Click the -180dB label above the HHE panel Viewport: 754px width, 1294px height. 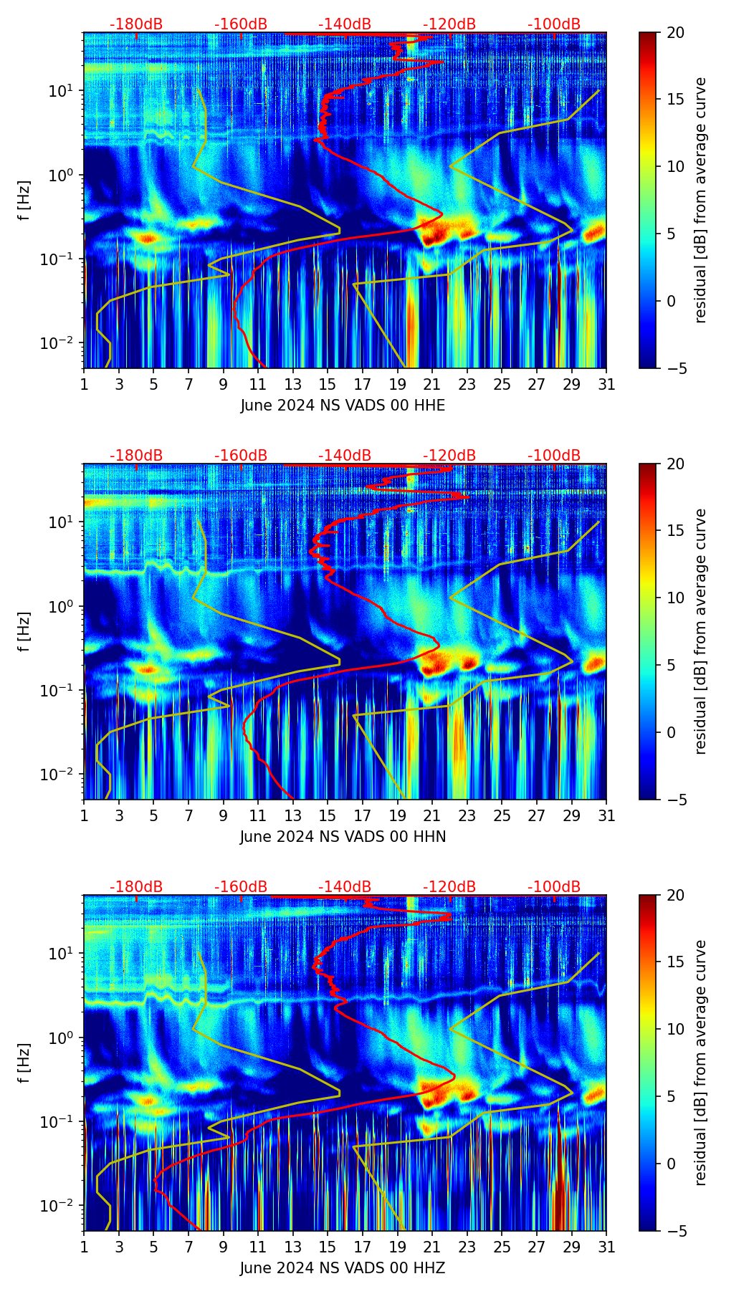click(136, 24)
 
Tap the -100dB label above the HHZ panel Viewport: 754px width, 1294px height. click(554, 887)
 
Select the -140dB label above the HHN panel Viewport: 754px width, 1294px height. click(345, 456)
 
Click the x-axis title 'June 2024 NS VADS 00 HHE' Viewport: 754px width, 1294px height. click(343, 406)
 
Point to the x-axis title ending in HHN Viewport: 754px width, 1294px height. click(343, 837)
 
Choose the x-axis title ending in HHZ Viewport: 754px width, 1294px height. click(343, 1268)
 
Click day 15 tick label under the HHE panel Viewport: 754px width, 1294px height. click(328, 385)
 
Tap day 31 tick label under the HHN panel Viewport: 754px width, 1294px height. click(606, 816)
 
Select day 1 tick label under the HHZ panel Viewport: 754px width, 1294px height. click(84, 1247)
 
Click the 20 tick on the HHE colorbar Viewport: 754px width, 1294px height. click(675, 33)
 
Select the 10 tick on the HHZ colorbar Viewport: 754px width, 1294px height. click(675, 1029)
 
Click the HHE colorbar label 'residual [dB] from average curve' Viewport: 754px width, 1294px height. click(701, 201)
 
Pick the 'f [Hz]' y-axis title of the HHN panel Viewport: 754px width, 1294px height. click(24, 631)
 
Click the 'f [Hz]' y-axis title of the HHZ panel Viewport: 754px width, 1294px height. click(24, 1063)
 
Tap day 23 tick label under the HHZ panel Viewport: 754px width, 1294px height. click(467, 1247)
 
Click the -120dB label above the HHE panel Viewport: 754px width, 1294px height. click(449, 24)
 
